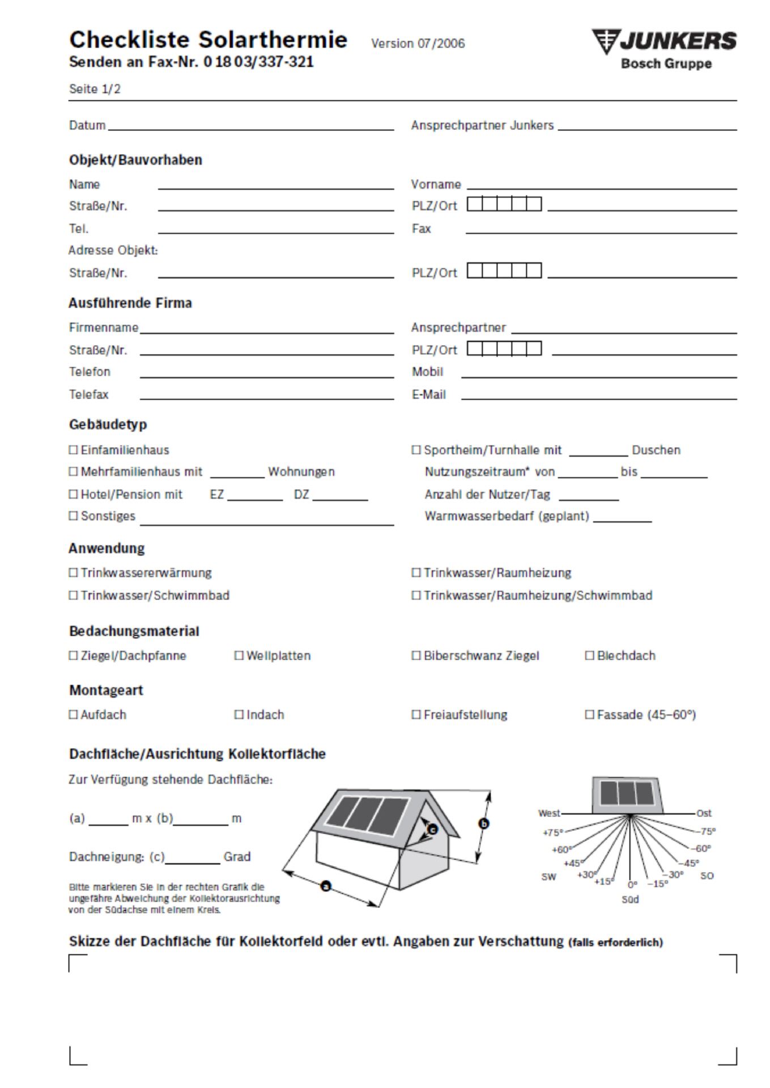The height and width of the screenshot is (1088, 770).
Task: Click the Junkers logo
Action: (x=664, y=49)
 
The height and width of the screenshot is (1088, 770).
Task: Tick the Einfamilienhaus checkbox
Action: (x=73, y=450)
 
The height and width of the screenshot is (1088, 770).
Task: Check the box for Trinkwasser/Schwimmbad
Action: (x=73, y=596)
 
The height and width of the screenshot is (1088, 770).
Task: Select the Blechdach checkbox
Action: (x=589, y=656)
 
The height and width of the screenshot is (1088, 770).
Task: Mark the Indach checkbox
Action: (x=239, y=715)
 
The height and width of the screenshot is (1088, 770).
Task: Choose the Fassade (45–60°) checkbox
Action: (x=589, y=715)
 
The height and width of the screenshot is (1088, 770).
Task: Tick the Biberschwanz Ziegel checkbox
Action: (x=416, y=656)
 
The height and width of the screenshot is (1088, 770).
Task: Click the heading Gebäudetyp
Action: (x=108, y=424)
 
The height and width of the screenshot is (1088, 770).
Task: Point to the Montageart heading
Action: (x=106, y=690)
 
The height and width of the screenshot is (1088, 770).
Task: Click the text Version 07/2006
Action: (x=418, y=44)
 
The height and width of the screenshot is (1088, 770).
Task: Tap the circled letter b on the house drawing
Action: (x=483, y=823)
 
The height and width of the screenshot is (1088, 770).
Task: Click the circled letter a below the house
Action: (x=326, y=885)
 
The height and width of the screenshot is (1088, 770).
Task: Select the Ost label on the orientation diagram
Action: (x=704, y=813)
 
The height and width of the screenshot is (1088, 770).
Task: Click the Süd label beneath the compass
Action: (x=630, y=900)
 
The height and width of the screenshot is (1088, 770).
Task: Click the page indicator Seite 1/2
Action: (x=95, y=89)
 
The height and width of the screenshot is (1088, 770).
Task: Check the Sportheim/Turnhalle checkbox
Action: (x=416, y=450)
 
